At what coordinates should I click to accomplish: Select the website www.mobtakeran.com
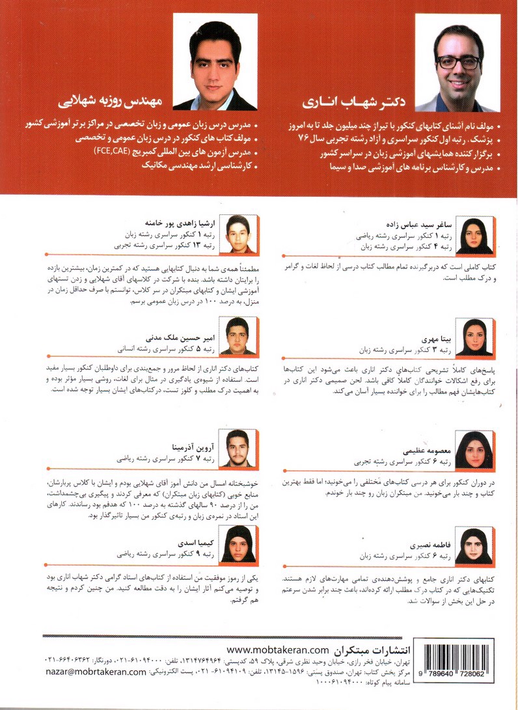coord(279,649)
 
